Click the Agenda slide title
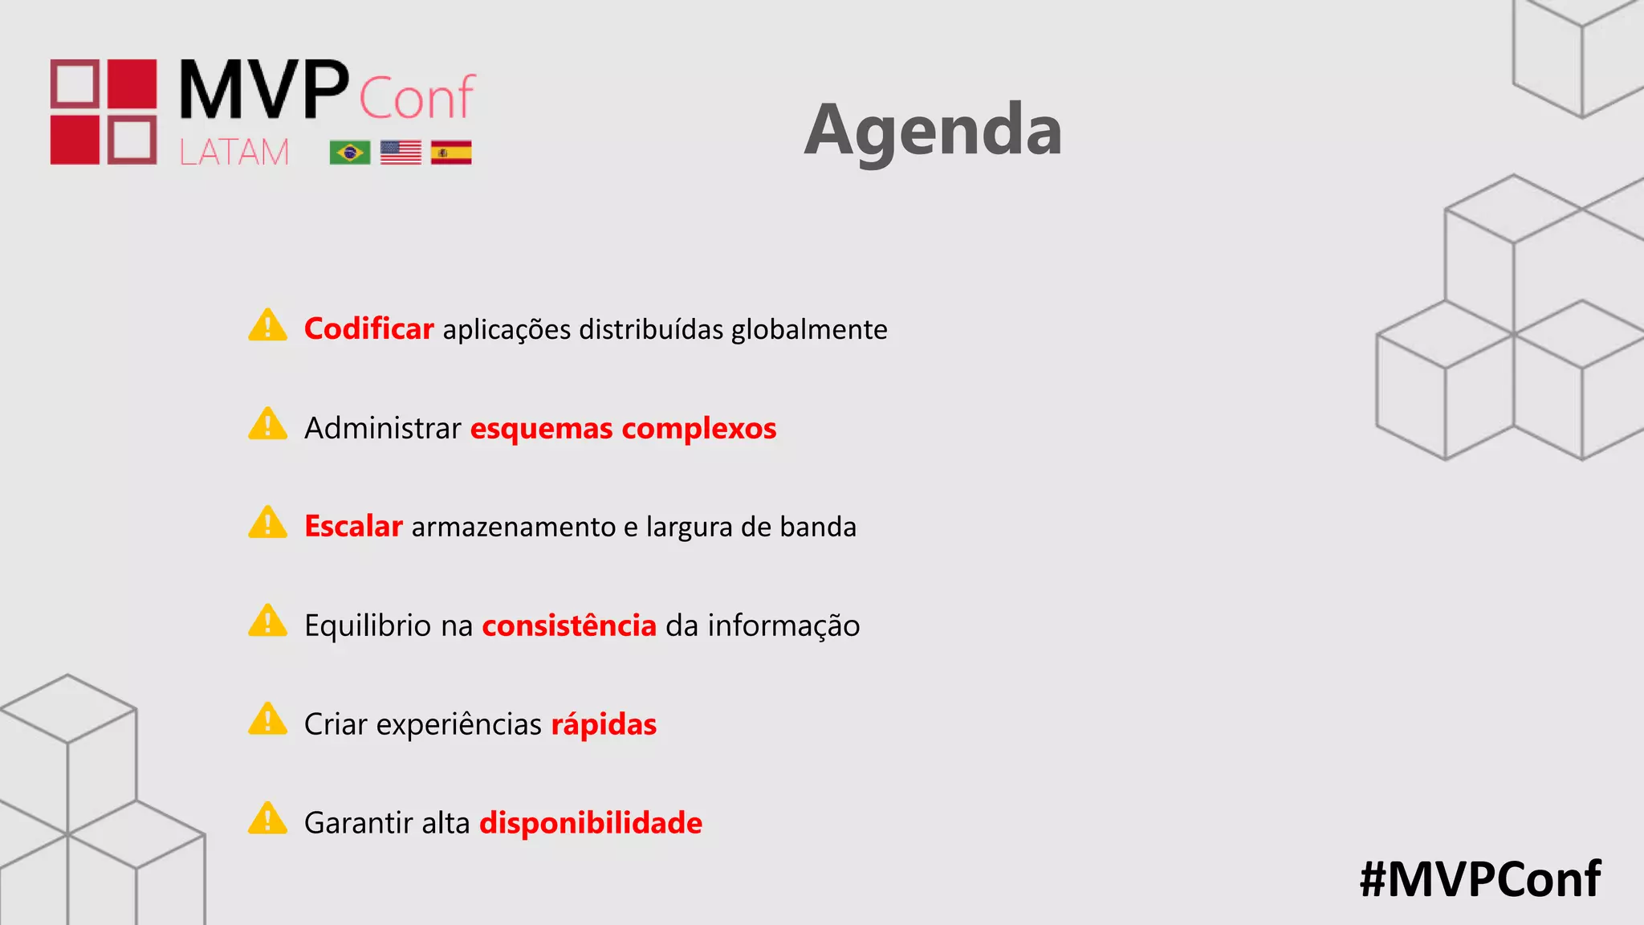click(933, 130)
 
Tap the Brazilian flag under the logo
click(350, 152)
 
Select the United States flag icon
click(401, 152)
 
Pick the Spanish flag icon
click(451, 152)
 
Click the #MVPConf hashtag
click(1479, 878)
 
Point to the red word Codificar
click(368, 329)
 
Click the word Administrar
click(382, 428)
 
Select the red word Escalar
click(353, 527)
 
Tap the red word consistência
click(569, 625)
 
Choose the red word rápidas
click(604, 724)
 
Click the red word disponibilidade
click(591, 823)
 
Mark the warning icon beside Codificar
click(267, 326)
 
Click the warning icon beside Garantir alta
click(267, 819)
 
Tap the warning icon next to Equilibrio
click(267, 621)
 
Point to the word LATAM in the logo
click(234, 152)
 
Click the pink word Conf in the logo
click(417, 98)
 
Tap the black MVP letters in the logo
click(263, 90)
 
